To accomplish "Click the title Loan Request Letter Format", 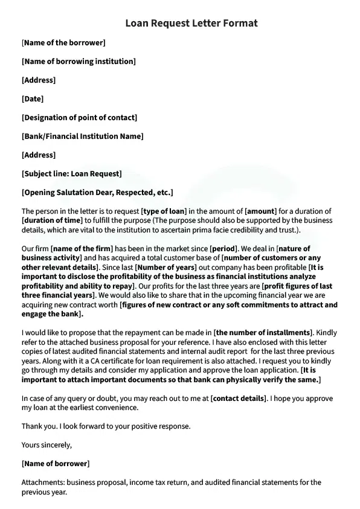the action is (191, 24).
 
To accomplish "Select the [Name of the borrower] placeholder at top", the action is (63, 43).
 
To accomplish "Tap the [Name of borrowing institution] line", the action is (79, 62).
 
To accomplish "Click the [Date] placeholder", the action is (33, 98).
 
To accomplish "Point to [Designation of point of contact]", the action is (79, 118).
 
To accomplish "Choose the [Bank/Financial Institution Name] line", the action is (82, 136).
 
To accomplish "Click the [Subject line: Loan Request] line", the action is (71, 174).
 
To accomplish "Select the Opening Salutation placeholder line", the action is (97, 193).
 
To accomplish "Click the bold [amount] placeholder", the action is (260, 211).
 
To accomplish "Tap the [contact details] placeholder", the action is (239, 399).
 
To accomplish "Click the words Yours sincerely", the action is (47, 446).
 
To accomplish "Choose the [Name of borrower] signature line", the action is (55, 464).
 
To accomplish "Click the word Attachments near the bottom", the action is (43, 482).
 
